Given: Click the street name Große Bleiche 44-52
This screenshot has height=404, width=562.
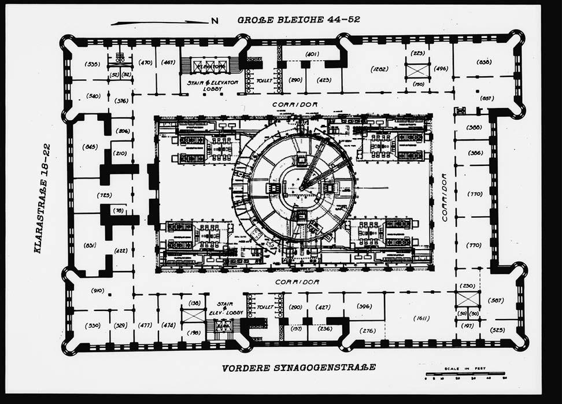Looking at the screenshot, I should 298,20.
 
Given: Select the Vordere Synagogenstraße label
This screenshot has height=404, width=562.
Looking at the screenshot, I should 299,367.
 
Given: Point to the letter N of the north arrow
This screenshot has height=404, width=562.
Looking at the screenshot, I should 215,21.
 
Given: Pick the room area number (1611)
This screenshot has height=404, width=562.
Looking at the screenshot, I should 423,318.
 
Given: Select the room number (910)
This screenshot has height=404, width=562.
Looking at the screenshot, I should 97,291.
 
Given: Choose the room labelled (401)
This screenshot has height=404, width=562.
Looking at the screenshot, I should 312,54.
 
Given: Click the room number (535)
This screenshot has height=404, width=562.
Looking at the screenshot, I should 93,64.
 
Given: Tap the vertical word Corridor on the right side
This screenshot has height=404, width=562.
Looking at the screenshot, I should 445,197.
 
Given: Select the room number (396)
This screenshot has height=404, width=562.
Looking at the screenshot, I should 364,306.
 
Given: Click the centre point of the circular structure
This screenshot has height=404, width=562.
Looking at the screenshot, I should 301,188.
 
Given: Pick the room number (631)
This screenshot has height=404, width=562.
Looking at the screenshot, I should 90,246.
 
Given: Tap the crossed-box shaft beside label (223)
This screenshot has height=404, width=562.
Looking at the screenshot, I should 417,70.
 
